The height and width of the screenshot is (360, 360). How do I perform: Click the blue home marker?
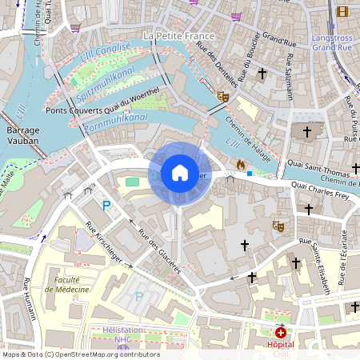tap(180, 173)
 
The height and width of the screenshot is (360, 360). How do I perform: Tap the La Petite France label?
tap(178, 37)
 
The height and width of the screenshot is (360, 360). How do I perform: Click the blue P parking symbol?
tap(105, 206)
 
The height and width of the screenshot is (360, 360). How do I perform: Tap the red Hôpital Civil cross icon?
tap(280, 332)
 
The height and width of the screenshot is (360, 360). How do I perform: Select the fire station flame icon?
tap(240, 164)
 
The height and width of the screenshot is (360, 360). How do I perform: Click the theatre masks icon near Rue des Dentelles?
tap(224, 96)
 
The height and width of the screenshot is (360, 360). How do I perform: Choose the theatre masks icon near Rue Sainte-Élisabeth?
tap(279, 226)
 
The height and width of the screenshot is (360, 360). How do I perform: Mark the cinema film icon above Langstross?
tap(342, 11)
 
